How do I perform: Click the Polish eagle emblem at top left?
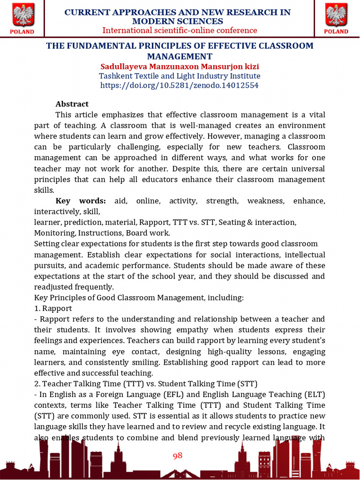(22, 15)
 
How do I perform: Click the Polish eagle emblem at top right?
(336, 15)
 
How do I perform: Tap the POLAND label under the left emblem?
(22, 32)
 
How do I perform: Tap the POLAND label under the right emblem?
(336, 32)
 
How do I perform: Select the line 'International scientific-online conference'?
(180, 30)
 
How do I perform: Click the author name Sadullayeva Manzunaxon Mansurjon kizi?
(180, 66)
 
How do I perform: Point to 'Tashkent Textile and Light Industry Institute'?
(180, 76)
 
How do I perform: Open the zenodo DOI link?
(180, 85)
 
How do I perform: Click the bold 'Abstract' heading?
(72, 104)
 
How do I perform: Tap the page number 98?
(177, 456)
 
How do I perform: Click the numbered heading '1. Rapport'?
(53, 308)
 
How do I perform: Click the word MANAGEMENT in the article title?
(180, 56)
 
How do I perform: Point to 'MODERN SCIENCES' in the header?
(178, 22)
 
